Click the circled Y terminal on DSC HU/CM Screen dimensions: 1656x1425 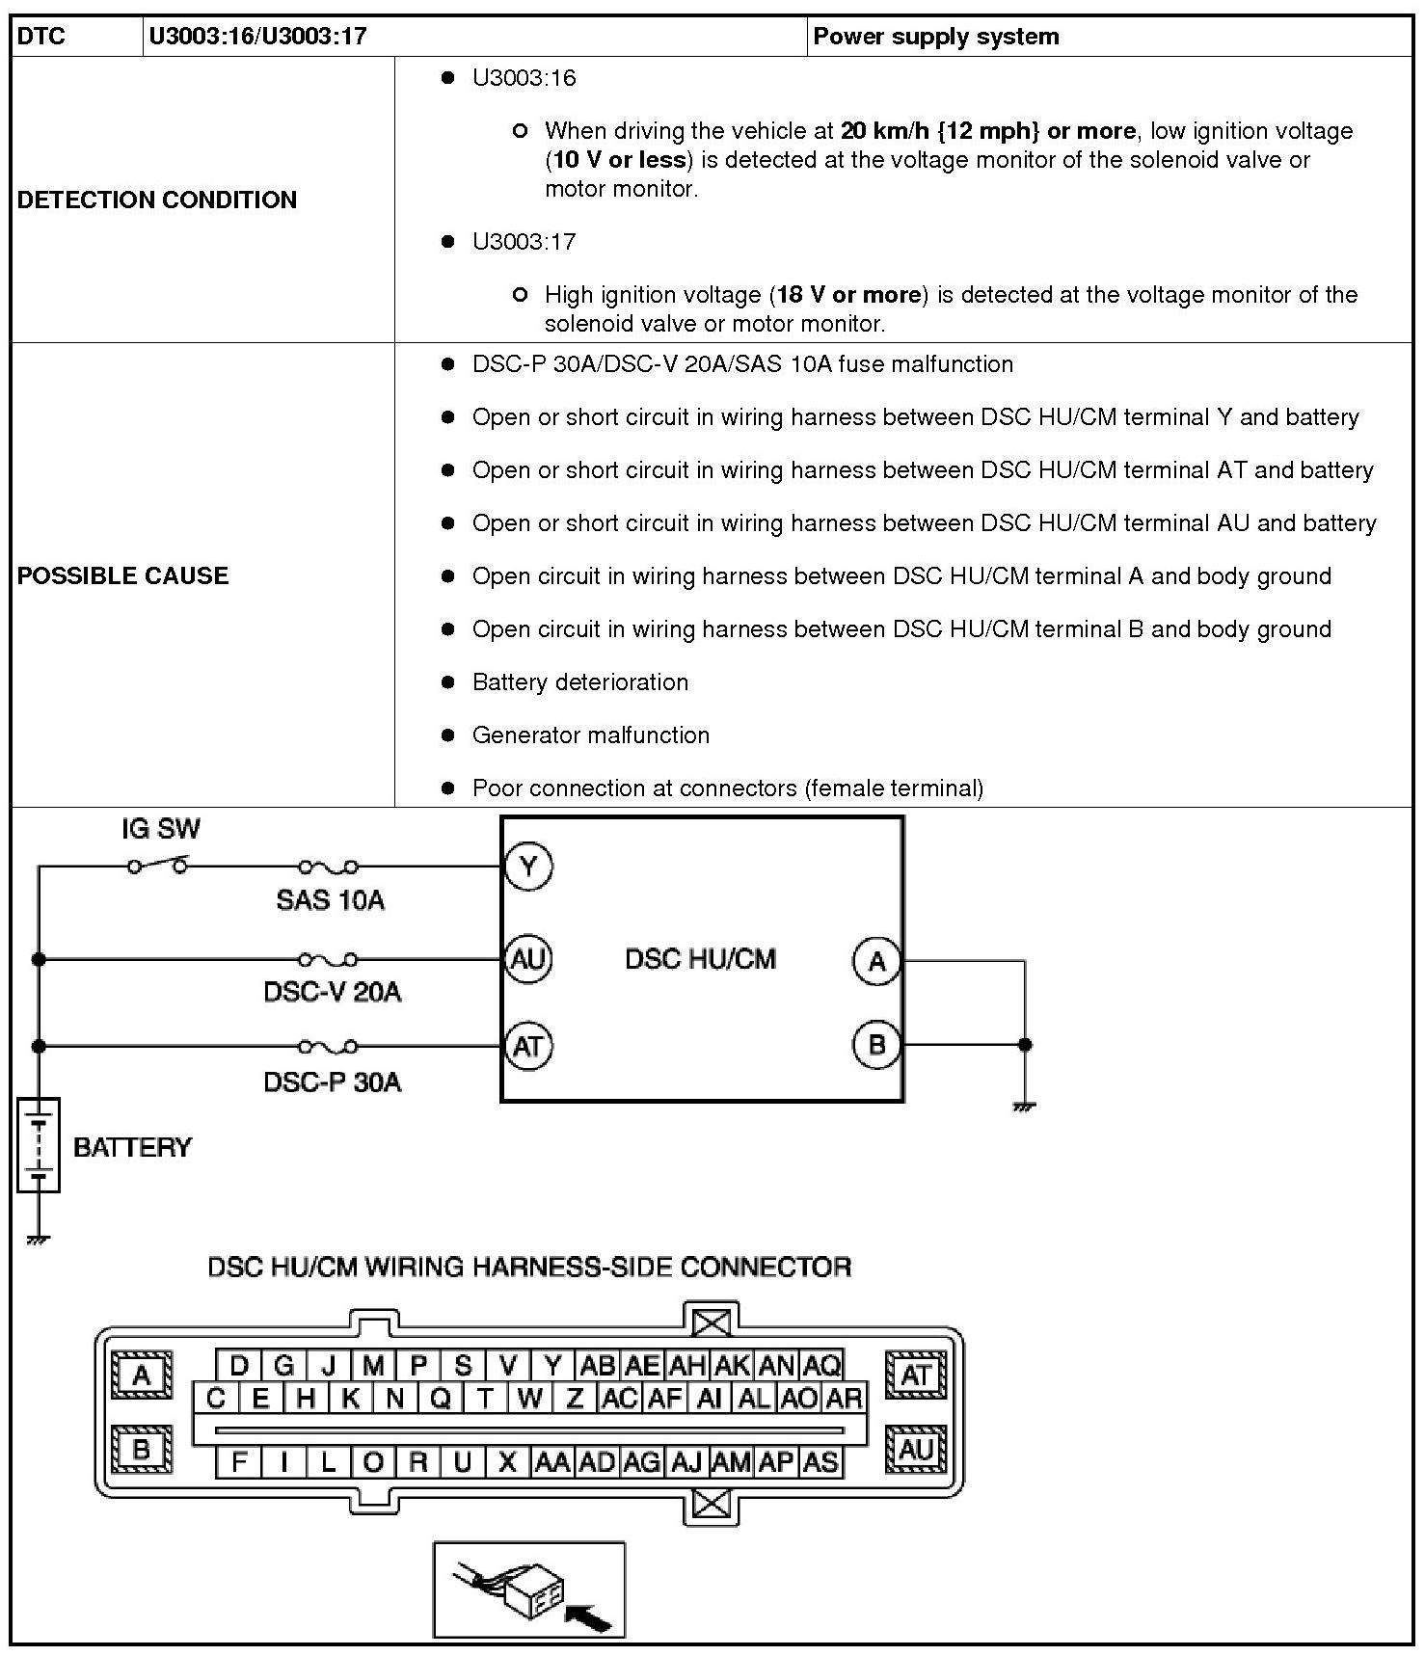point(528,866)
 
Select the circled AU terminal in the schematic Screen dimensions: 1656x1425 point(528,959)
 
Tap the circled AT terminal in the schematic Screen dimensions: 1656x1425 point(528,1046)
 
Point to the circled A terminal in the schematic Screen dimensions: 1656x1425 point(876,961)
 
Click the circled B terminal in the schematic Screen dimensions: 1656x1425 point(876,1044)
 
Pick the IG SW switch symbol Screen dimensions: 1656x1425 point(157,865)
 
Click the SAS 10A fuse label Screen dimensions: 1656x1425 point(330,900)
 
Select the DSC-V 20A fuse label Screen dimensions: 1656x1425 point(332,992)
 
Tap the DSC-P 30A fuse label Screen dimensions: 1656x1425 point(332,1082)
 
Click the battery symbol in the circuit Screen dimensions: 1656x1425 point(39,1145)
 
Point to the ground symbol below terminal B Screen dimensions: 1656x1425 point(1024,1106)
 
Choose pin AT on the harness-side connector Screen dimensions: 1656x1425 point(915,1375)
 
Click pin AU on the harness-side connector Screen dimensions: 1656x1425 point(915,1449)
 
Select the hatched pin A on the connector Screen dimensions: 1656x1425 point(143,1375)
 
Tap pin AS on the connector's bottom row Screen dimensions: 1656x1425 point(820,1462)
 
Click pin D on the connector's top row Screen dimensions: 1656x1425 point(239,1365)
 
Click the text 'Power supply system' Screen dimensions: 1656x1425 point(935,37)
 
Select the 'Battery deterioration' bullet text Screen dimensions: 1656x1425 point(579,682)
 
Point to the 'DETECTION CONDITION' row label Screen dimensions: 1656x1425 point(157,200)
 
